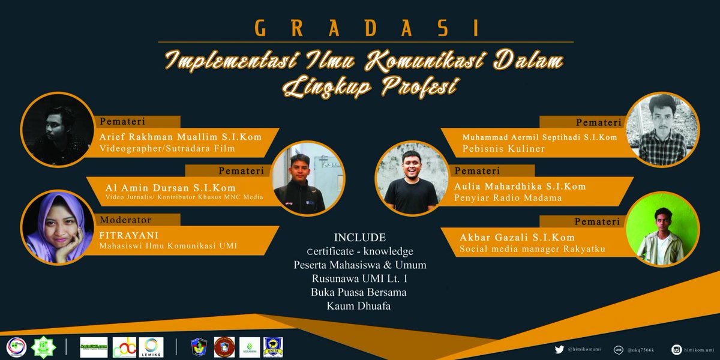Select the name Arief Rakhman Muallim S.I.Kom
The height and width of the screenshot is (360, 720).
(x=181, y=137)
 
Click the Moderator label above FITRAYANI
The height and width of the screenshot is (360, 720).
(x=125, y=220)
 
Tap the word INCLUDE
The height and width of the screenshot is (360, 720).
(x=359, y=237)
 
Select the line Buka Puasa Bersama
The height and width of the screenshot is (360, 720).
(x=359, y=293)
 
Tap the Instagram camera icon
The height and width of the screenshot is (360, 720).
(x=676, y=349)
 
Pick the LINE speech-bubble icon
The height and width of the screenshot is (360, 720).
(x=618, y=349)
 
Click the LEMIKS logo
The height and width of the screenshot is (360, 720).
(x=151, y=346)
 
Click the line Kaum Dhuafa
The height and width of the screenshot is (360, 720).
(x=359, y=307)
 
